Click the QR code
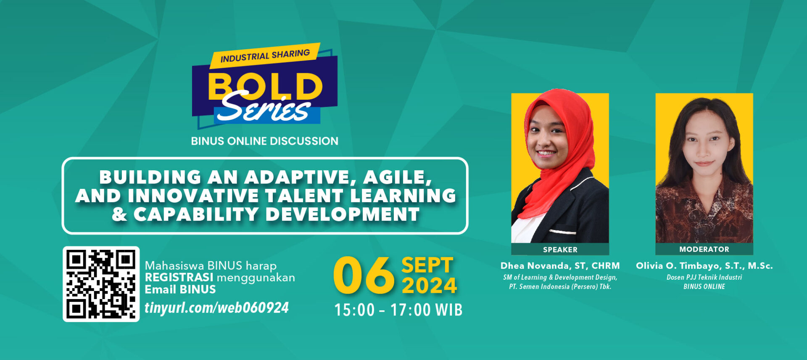click(101, 284)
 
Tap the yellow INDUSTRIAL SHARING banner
click(265, 56)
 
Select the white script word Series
click(264, 109)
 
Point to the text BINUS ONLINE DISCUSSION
click(264, 141)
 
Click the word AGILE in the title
click(397, 177)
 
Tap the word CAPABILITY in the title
click(195, 214)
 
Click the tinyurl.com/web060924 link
click(216, 307)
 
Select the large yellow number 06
click(364, 276)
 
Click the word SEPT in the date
click(427, 265)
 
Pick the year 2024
click(429, 286)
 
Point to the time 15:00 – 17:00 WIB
click(398, 310)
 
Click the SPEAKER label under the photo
click(560, 249)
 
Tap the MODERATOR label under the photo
click(704, 249)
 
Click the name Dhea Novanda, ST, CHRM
click(560, 266)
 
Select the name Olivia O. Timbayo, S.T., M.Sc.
click(704, 266)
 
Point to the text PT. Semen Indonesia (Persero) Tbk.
click(560, 286)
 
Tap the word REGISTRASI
click(179, 278)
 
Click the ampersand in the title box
click(119, 214)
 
